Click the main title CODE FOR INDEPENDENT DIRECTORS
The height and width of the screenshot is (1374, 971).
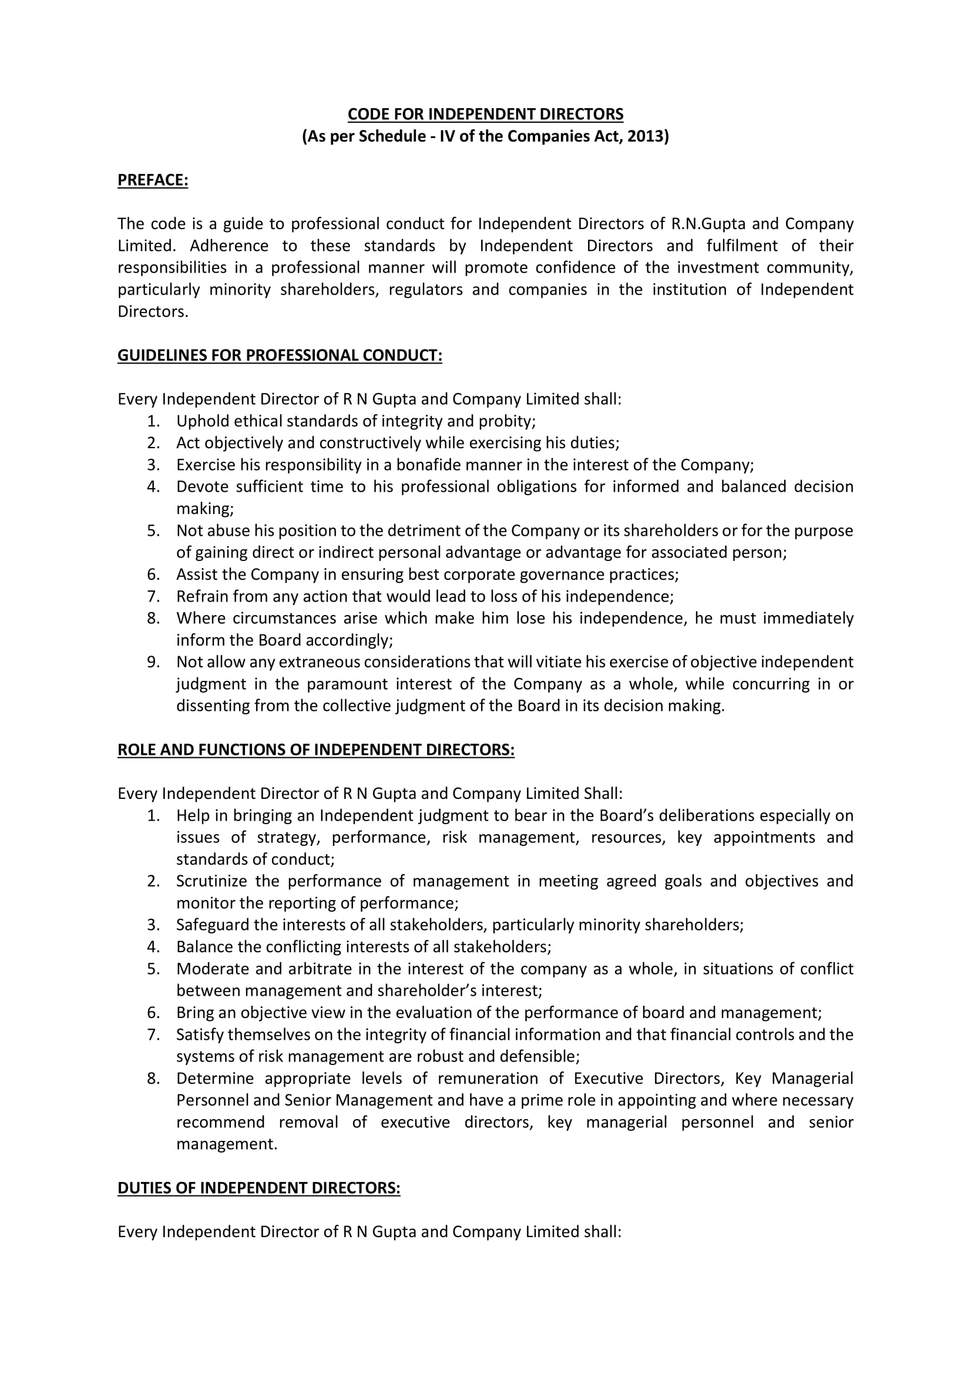pos(485,114)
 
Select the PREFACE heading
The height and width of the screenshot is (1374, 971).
pos(153,180)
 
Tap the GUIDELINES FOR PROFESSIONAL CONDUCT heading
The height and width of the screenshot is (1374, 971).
pos(280,355)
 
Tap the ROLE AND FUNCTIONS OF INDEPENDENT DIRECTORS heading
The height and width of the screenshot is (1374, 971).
pos(316,750)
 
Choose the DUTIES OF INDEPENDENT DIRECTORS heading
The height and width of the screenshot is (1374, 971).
pos(258,1188)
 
